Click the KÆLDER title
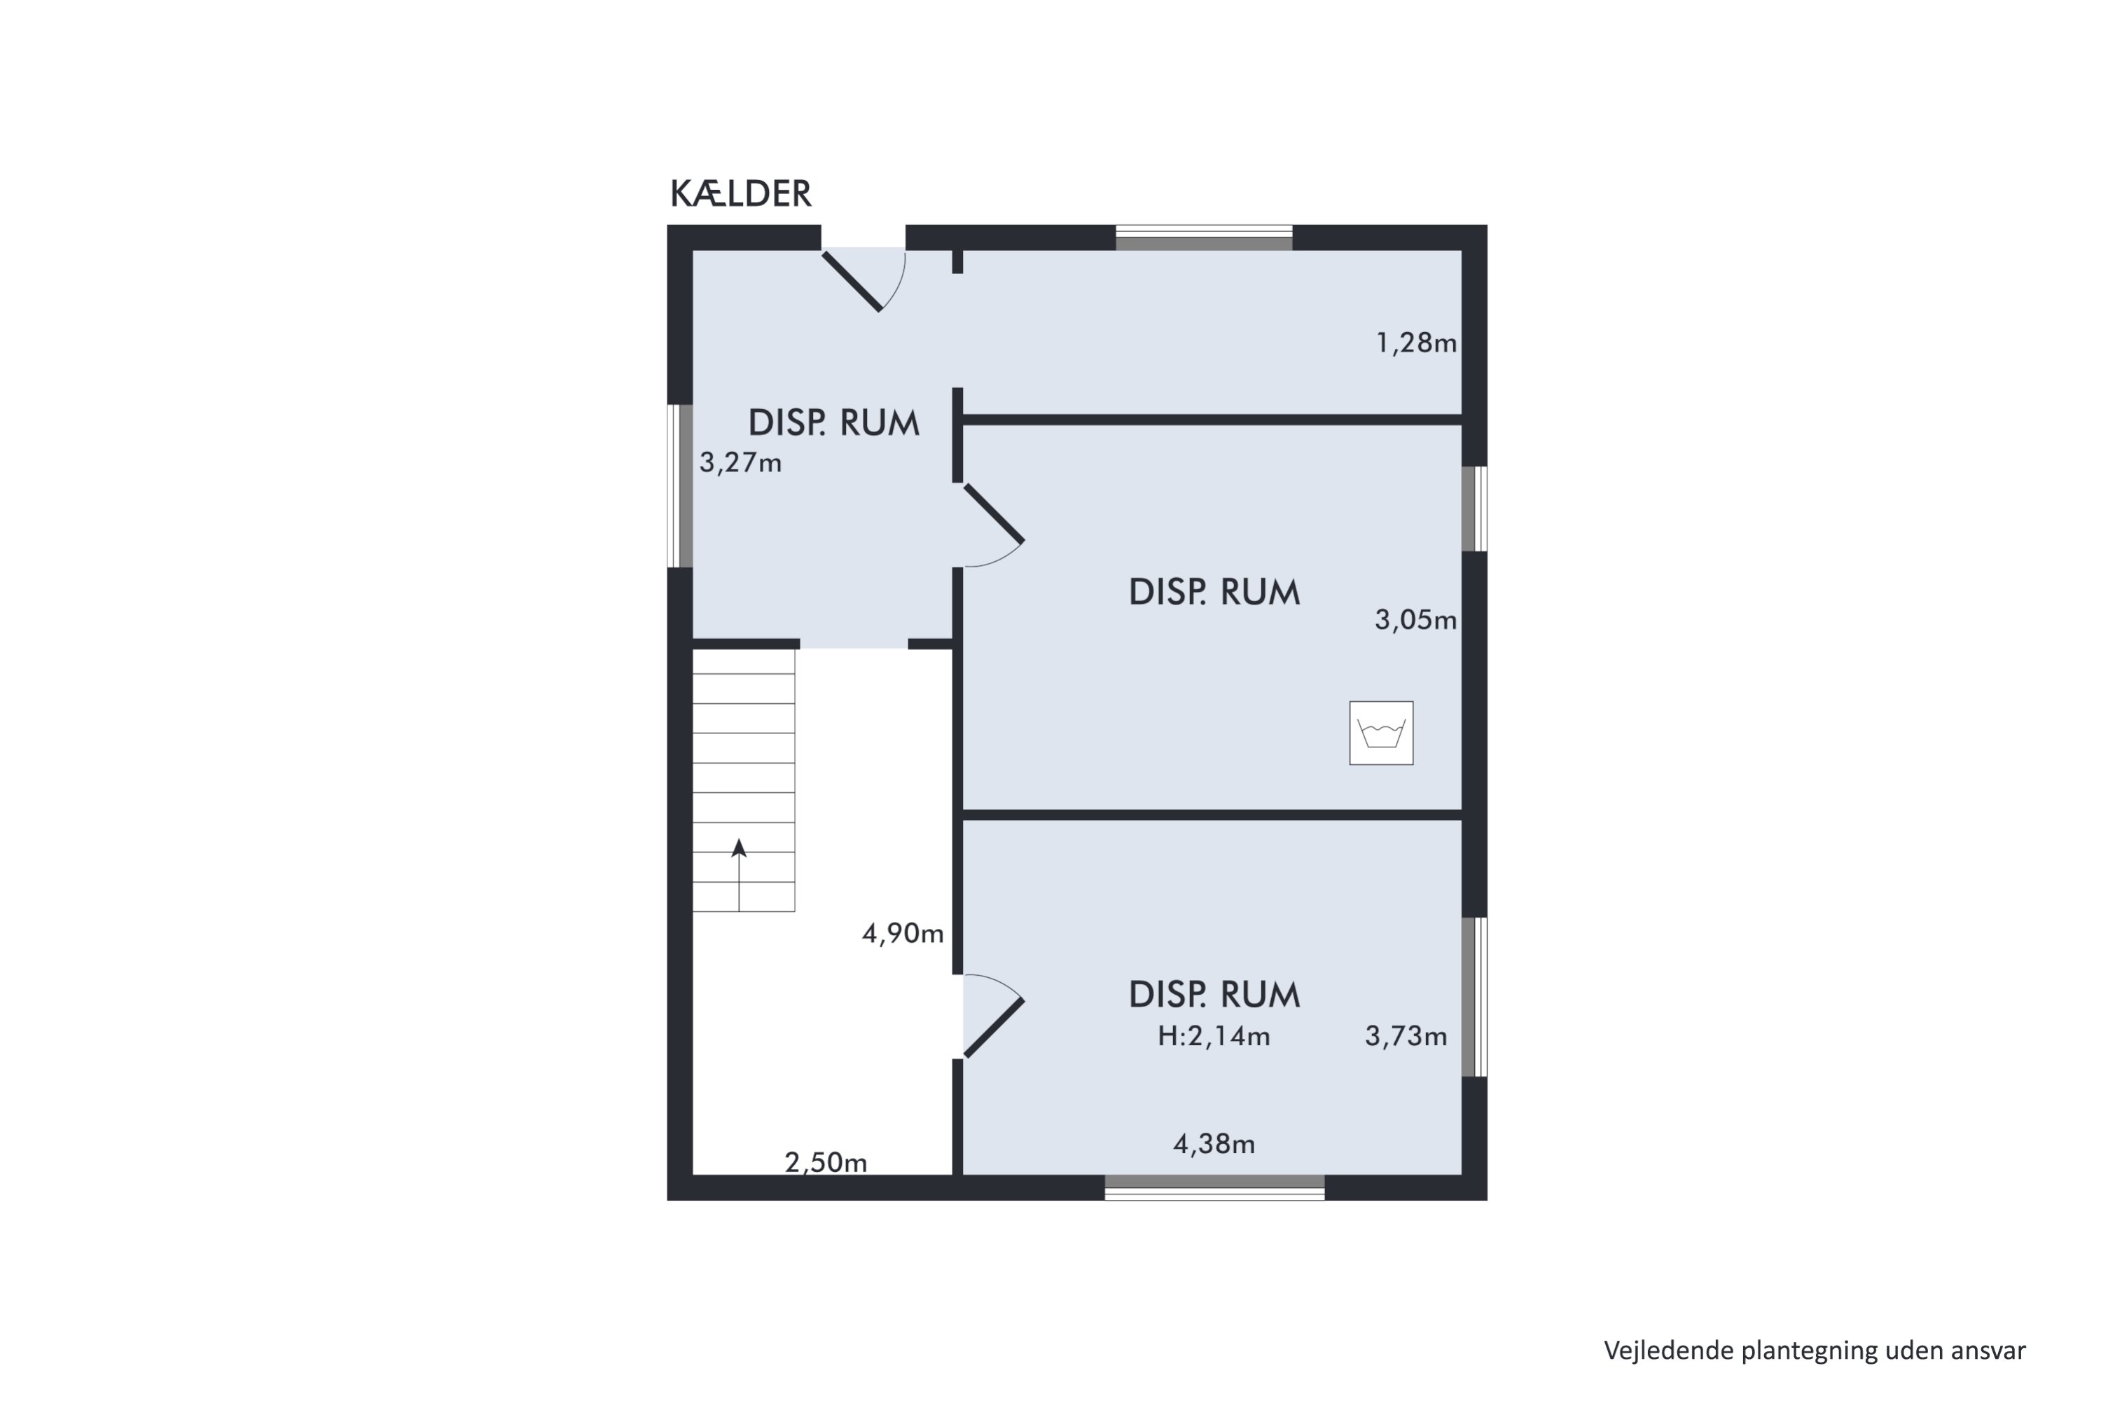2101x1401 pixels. (x=740, y=193)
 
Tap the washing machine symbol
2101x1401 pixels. (x=1381, y=733)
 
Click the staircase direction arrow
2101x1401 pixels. (x=739, y=875)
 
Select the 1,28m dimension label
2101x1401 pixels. (x=1416, y=343)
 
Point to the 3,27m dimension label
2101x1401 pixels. (x=740, y=463)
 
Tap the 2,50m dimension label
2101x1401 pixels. (x=826, y=1162)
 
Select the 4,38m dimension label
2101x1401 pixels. (x=1214, y=1144)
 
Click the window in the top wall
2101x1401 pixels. (x=1204, y=237)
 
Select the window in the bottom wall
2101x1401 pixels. (x=1215, y=1187)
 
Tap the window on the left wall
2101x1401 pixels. (x=681, y=486)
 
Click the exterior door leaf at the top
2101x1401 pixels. (x=852, y=282)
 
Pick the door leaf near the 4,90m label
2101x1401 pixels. (x=993, y=1028)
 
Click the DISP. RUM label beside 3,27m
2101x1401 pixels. (x=833, y=422)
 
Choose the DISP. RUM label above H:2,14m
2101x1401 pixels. (x=1214, y=995)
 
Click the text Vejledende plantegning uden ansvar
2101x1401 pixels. (x=1815, y=1351)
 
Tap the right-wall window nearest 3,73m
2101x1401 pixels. (x=1474, y=997)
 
